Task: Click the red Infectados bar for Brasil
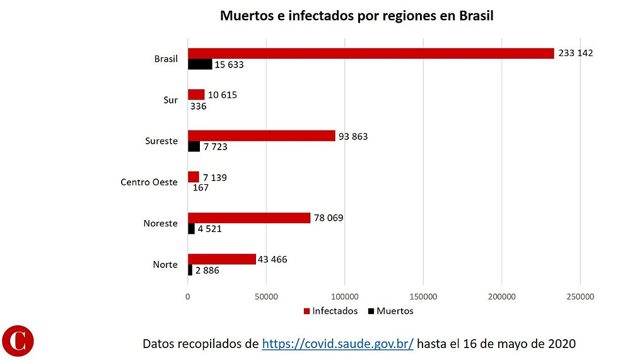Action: [371, 54]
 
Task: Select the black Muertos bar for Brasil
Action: [200, 64]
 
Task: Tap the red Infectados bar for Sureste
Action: [262, 136]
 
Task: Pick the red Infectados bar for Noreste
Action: [249, 218]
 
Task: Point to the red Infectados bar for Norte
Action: [222, 259]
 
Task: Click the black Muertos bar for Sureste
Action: [194, 146]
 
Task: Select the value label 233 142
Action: [576, 53]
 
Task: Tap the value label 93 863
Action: [353, 136]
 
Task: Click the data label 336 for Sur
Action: [198, 106]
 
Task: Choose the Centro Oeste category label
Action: [149, 182]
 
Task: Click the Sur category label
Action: [170, 100]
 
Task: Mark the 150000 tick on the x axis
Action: [423, 296]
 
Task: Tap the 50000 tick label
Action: [266, 296]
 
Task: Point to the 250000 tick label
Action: [580, 296]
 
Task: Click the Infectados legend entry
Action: [330, 311]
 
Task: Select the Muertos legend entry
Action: [390, 311]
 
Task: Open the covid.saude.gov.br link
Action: [337, 344]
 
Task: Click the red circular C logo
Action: [18, 340]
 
